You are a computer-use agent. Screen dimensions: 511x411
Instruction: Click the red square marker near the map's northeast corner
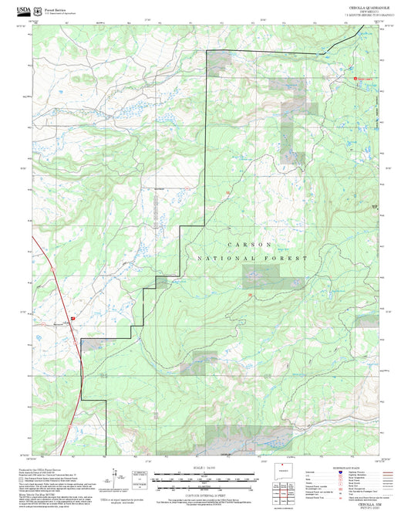click(357, 77)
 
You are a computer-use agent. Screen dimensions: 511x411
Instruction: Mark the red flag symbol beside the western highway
click(72, 317)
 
